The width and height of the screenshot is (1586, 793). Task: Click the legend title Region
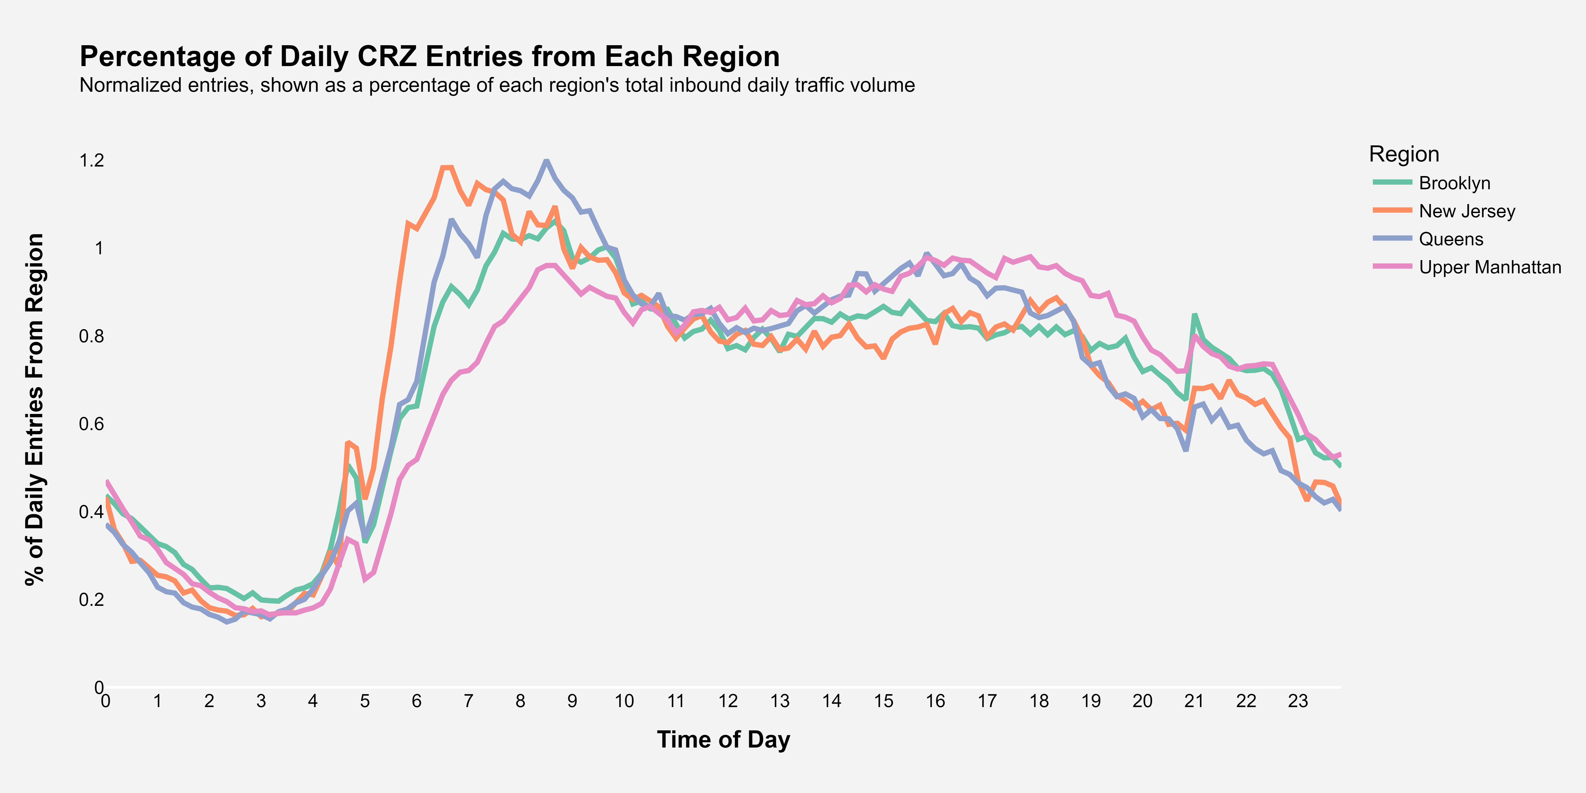click(1404, 154)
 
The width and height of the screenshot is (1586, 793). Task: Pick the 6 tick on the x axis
click(417, 701)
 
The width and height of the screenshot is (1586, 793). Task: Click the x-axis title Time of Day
click(723, 739)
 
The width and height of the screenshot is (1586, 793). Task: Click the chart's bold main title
click(430, 57)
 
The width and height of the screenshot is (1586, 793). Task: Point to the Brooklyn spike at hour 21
click(1195, 315)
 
